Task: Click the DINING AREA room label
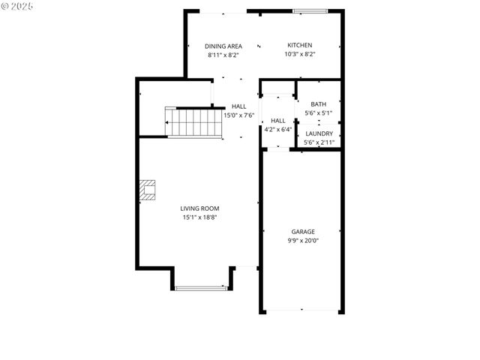pyautogui.click(x=224, y=46)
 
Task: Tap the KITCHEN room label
pyautogui.click(x=299, y=46)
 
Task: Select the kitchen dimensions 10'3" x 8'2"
pyautogui.click(x=299, y=54)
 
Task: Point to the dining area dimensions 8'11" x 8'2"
pyautogui.click(x=224, y=54)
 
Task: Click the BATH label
pyautogui.click(x=319, y=104)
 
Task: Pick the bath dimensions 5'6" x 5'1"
pyautogui.click(x=319, y=112)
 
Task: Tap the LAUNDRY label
pyautogui.click(x=319, y=133)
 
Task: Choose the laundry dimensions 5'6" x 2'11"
pyautogui.click(x=319, y=142)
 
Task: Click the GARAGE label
pyautogui.click(x=303, y=232)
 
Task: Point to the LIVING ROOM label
pyautogui.click(x=199, y=208)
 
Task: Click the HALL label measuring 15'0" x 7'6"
pyautogui.click(x=238, y=106)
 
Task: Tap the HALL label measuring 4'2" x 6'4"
pyautogui.click(x=277, y=121)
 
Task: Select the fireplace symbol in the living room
pyautogui.click(x=148, y=190)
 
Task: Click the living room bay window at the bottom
pyautogui.click(x=200, y=287)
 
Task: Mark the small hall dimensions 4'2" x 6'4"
pyautogui.click(x=277, y=129)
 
